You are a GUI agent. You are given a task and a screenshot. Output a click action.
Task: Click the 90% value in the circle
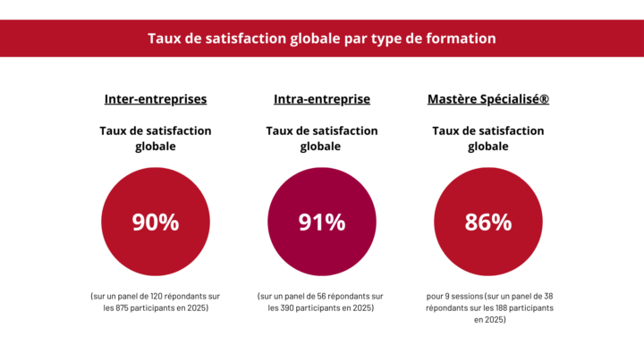[x=156, y=223]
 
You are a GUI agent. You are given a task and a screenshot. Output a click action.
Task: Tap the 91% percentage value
[x=322, y=223]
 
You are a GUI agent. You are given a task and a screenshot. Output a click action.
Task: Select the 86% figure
[x=487, y=223]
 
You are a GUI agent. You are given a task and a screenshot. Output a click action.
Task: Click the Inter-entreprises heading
[x=156, y=99]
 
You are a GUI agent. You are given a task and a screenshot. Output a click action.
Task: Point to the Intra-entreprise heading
[x=322, y=99]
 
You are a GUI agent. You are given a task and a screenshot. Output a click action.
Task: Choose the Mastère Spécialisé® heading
[x=487, y=99]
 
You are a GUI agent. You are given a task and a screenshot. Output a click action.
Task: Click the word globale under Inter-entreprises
[x=156, y=147]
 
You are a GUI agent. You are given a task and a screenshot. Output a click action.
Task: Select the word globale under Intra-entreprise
[x=322, y=147]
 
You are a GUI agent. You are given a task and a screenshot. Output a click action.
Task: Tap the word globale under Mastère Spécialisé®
[x=487, y=147]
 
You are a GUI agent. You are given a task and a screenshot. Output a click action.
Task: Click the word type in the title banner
[x=385, y=39]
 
